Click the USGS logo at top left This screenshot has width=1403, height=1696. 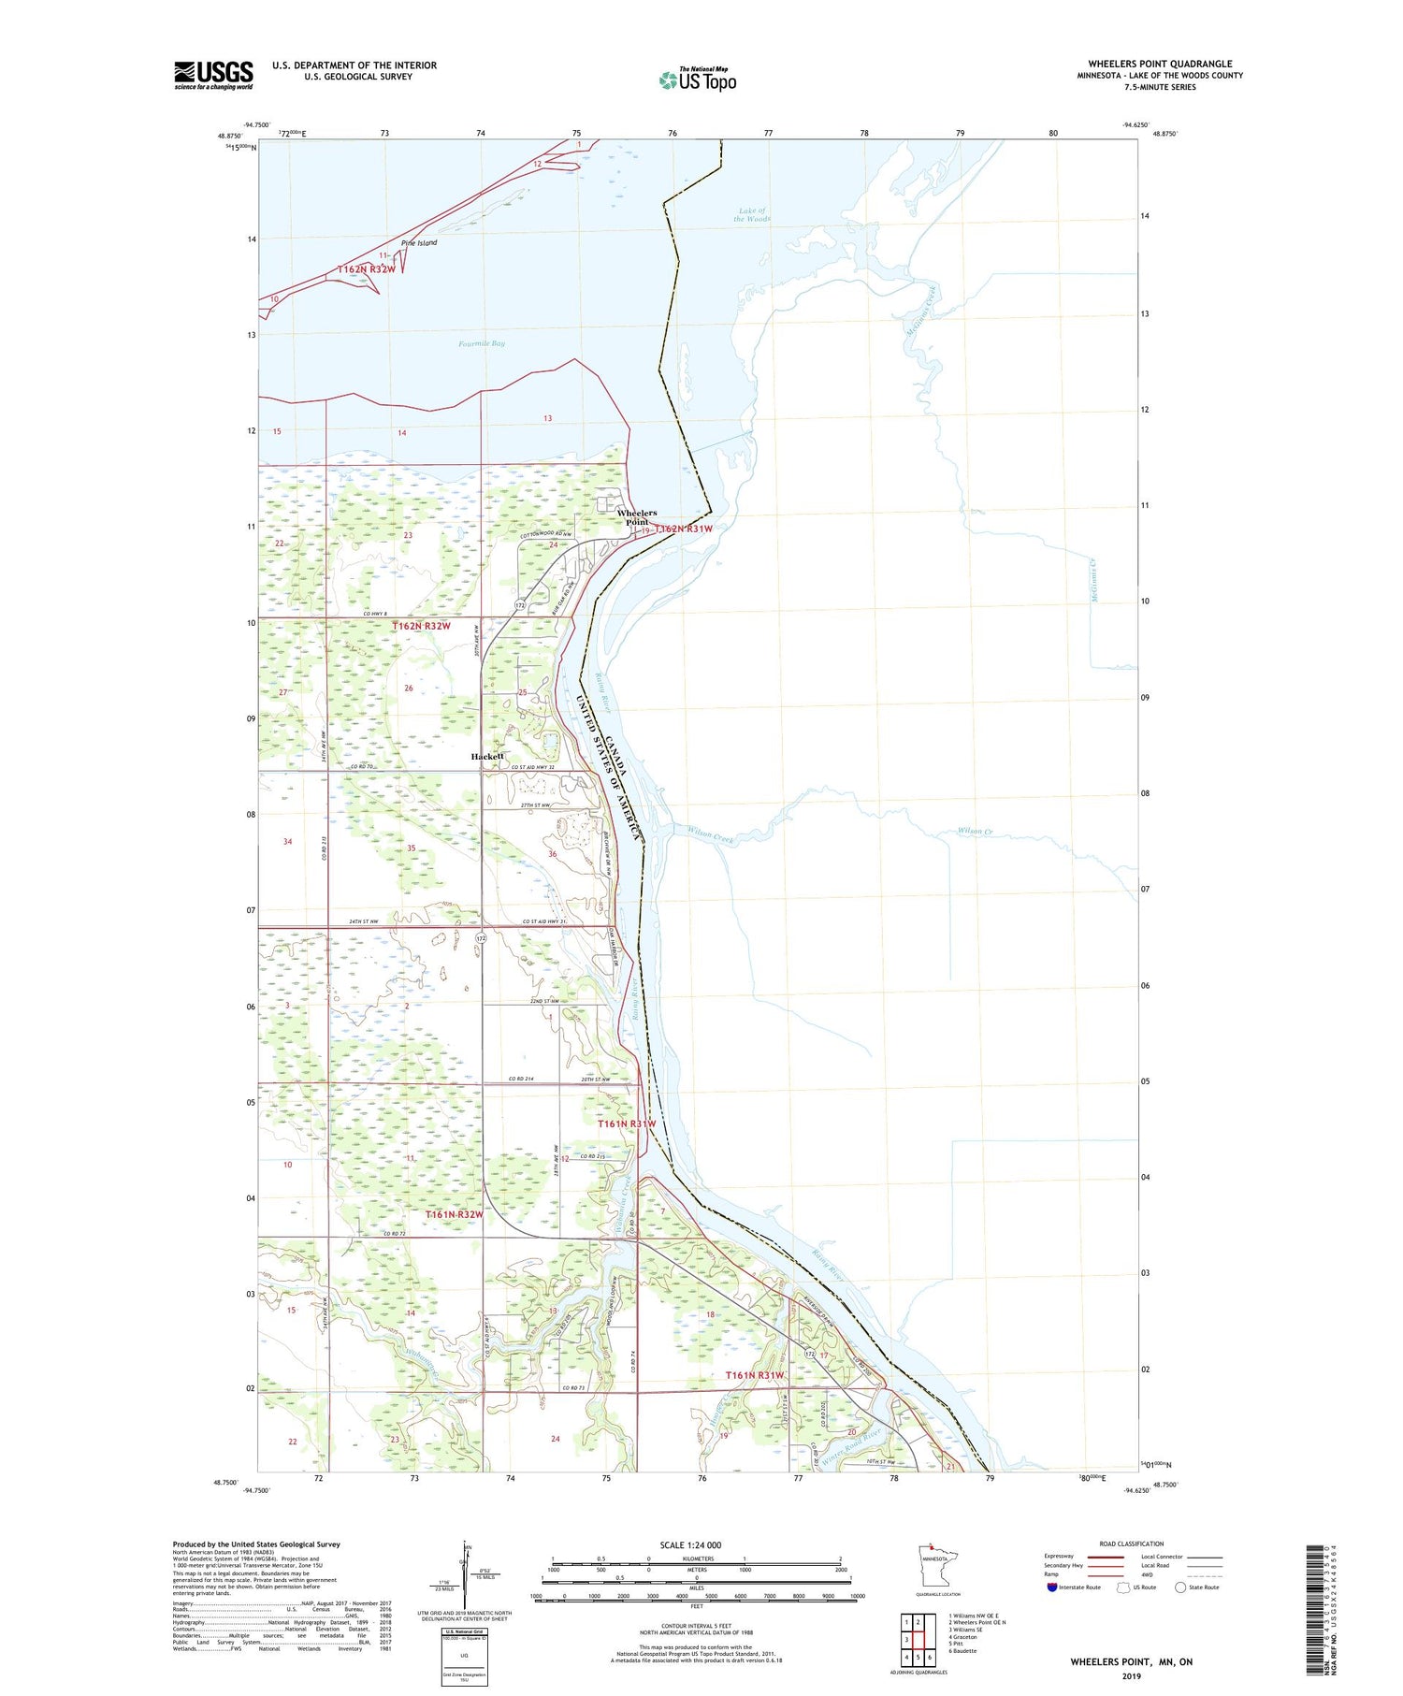213,75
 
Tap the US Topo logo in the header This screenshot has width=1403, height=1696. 697,80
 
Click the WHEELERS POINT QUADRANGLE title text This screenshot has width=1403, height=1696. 1160,64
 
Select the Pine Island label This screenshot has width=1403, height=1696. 419,243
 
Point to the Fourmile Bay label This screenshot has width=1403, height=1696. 482,343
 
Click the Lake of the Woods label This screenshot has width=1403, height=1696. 752,215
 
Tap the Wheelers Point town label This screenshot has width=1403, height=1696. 637,517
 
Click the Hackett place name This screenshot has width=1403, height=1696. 487,756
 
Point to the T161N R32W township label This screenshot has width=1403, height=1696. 455,1214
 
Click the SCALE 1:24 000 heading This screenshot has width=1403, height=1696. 690,1544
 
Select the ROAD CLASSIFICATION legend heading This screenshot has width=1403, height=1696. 1132,1544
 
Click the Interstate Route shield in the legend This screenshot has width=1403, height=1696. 1052,1587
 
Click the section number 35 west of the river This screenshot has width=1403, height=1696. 411,848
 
